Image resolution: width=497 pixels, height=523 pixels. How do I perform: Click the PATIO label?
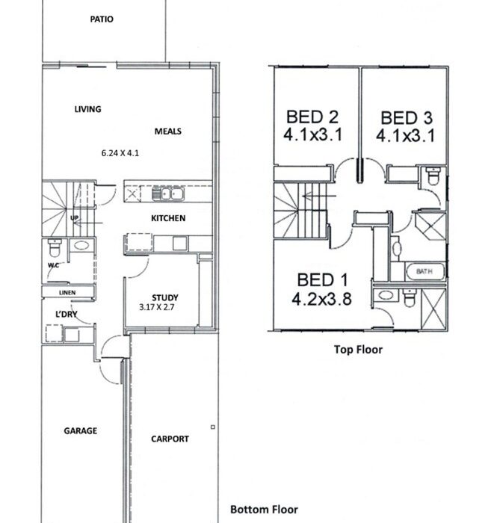click(x=102, y=19)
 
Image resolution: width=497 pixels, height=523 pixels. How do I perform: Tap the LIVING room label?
click(x=87, y=109)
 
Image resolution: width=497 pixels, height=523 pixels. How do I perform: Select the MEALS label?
click(x=167, y=131)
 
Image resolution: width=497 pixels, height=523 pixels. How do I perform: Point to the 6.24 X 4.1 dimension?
click(x=120, y=153)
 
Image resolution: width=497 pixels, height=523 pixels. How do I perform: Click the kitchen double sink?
click(x=167, y=194)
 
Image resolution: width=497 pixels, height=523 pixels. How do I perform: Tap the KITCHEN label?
click(x=168, y=218)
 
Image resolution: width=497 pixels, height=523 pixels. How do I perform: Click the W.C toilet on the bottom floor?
click(x=54, y=247)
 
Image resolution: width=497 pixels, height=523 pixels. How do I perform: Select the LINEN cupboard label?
click(x=67, y=293)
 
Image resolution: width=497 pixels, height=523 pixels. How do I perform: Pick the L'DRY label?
click(x=66, y=314)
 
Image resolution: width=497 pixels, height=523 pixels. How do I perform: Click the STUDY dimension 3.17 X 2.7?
click(x=157, y=307)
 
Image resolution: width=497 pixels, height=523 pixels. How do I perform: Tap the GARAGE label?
click(x=81, y=430)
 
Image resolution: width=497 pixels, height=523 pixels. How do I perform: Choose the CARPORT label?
click(x=170, y=439)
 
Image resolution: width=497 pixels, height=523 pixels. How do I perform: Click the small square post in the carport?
click(x=213, y=427)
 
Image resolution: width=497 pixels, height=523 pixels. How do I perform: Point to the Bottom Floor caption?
click(x=264, y=510)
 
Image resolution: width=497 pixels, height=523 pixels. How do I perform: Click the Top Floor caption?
click(x=358, y=350)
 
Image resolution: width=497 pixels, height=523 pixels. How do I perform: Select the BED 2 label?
click(x=312, y=117)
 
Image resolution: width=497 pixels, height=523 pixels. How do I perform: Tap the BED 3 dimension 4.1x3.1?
click(x=406, y=136)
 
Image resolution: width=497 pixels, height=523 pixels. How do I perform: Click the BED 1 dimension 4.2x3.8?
click(x=321, y=299)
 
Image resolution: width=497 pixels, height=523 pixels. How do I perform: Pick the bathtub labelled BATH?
click(x=425, y=271)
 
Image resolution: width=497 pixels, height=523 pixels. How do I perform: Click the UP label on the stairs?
click(x=75, y=218)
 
